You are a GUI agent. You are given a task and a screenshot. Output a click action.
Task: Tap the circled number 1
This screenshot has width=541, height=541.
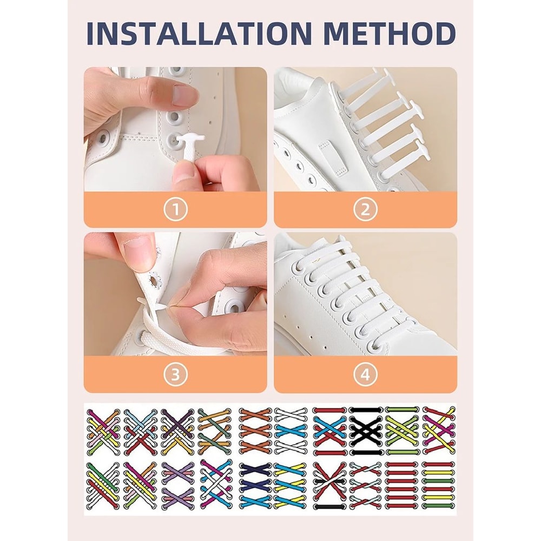tap(175, 209)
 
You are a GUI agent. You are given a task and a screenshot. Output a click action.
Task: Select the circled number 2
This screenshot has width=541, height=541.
tap(365, 209)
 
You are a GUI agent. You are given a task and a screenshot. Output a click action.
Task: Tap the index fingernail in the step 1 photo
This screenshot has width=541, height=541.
tap(184, 96)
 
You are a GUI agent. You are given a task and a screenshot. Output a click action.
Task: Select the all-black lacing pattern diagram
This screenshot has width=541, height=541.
tap(365, 431)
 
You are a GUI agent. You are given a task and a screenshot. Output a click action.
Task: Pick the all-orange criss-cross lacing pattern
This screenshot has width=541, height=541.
tap(255, 431)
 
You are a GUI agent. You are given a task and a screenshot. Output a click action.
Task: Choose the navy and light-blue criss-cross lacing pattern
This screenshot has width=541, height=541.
tap(255, 485)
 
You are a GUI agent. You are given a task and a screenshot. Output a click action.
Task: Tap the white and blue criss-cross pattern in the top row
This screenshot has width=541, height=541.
tap(292, 431)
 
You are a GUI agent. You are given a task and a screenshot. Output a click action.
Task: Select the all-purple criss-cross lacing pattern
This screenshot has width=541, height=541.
tap(177, 485)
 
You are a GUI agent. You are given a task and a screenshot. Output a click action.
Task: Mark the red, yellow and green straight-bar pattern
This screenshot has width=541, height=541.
tap(439, 485)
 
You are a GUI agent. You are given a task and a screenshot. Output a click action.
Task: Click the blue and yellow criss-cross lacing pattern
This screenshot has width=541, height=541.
tap(292, 485)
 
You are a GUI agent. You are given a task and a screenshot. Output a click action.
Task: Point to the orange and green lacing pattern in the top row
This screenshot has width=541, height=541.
tap(214, 431)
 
